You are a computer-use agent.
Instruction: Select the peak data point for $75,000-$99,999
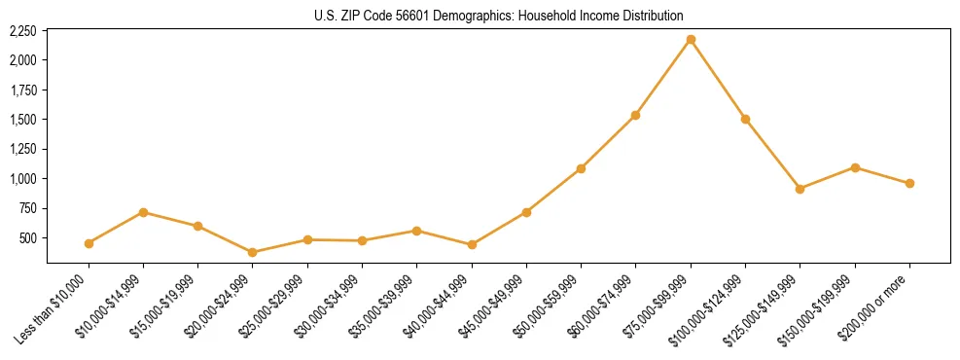point(691,39)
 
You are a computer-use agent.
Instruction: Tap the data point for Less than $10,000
point(89,243)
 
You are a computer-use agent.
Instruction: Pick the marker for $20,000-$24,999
point(253,252)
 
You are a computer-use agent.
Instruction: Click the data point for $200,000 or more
point(909,183)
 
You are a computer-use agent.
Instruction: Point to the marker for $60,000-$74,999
point(635,115)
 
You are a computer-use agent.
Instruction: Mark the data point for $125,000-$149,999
point(800,189)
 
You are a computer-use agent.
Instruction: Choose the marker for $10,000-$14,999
point(143,212)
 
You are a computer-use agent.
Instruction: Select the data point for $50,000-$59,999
point(581,168)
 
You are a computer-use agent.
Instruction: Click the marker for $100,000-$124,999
point(745,119)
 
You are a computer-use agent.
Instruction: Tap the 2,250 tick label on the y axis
point(22,31)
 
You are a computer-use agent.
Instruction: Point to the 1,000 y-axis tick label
point(22,179)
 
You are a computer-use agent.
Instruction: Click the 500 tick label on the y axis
point(28,238)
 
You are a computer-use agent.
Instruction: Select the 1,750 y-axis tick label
point(22,90)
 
